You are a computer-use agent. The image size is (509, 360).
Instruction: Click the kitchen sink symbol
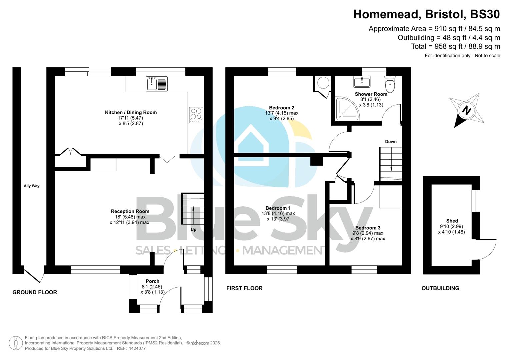[x=157, y=84]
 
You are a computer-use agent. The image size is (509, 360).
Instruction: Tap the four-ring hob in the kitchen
[x=196, y=114]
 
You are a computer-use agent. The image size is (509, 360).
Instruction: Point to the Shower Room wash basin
[x=362, y=82]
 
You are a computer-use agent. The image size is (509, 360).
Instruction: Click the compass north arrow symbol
[x=466, y=110]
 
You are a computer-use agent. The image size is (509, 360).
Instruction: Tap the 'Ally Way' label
[x=32, y=186]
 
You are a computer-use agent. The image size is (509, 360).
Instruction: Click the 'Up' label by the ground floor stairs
[x=193, y=230]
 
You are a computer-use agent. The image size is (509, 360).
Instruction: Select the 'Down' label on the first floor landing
[x=391, y=142]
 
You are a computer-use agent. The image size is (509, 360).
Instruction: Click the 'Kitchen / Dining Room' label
[x=131, y=113]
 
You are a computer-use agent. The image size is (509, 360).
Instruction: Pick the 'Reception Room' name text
[x=130, y=211]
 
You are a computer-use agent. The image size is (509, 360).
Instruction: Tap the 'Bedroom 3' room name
[x=368, y=228]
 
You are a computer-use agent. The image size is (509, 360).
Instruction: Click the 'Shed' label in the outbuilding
[x=452, y=221]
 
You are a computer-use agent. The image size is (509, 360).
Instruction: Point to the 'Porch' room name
[x=152, y=281]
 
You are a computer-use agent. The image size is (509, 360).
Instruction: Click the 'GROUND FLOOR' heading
[x=35, y=292]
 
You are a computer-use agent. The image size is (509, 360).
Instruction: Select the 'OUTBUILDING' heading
[x=440, y=288]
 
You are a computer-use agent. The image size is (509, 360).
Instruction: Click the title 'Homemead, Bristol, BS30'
[x=426, y=14]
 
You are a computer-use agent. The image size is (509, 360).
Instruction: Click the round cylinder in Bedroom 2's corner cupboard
[x=322, y=82]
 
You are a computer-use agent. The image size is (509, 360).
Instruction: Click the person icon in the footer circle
[x=16, y=343]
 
